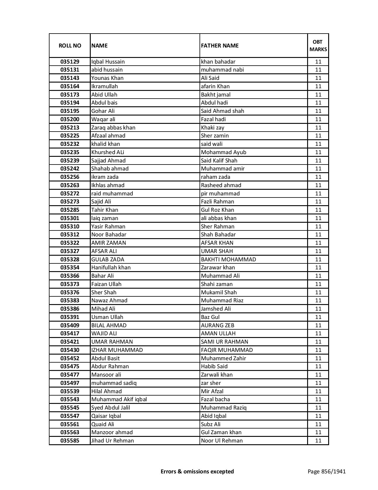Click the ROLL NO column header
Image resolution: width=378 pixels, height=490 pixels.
(x=70, y=45)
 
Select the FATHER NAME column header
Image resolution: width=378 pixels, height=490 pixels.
(x=220, y=45)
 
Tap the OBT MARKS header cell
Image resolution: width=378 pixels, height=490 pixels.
(x=318, y=45)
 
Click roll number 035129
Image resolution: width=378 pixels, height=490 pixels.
(x=70, y=62)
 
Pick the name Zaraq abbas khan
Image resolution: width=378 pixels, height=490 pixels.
(x=113, y=128)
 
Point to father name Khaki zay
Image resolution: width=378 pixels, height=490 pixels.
(x=213, y=128)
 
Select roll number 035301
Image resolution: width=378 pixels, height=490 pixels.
(x=70, y=218)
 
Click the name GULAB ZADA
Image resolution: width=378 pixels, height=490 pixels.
(x=108, y=260)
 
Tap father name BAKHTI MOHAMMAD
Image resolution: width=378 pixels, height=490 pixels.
(x=228, y=260)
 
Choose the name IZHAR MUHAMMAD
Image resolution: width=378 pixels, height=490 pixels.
(x=117, y=350)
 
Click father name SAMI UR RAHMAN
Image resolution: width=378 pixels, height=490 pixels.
(x=224, y=342)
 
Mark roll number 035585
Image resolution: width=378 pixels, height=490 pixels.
(x=70, y=441)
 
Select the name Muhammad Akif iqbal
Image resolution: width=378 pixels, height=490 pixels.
(x=119, y=399)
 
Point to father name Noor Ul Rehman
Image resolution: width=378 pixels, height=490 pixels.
(x=222, y=441)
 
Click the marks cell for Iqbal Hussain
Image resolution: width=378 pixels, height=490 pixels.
(x=318, y=62)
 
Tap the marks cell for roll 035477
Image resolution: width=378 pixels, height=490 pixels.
(x=318, y=375)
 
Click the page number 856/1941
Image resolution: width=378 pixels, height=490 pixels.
(x=326, y=471)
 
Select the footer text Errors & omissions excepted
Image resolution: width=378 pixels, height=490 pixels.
(x=197, y=471)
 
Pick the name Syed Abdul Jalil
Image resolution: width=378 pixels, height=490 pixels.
(x=111, y=408)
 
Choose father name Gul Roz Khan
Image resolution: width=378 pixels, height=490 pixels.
(x=217, y=210)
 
